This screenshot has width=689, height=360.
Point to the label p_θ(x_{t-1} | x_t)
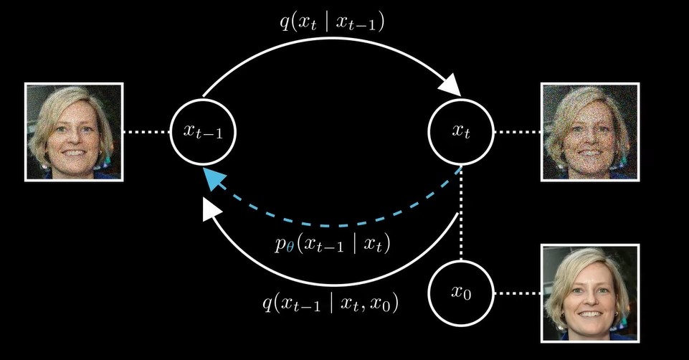click(x=331, y=245)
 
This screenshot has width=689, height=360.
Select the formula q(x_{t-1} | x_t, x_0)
click(x=331, y=303)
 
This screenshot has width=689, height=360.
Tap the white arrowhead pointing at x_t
click(x=450, y=85)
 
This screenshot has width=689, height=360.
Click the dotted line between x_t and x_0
click(x=461, y=215)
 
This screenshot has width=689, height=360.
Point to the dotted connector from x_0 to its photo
click(x=517, y=293)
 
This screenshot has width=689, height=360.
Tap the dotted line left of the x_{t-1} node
click(x=146, y=132)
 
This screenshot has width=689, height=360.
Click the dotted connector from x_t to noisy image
click(x=517, y=132)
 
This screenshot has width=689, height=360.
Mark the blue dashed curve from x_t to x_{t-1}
click(x=337, y=225)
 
